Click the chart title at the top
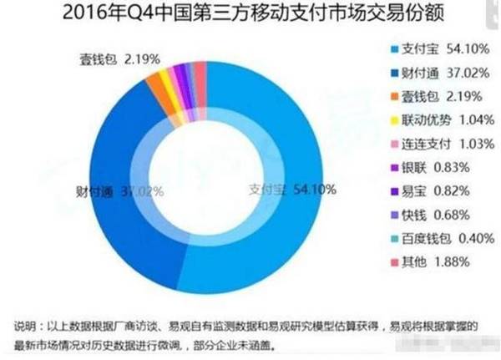pos(250,14)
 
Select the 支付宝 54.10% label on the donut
pos(292,190)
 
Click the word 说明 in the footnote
pos(25,324)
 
